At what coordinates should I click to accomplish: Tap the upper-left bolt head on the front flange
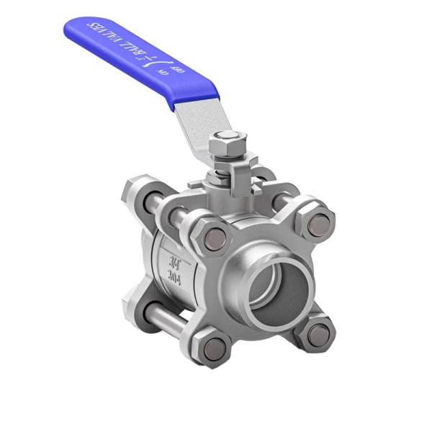coord(215,238)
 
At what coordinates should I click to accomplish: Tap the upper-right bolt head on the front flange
coord(318,225)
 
